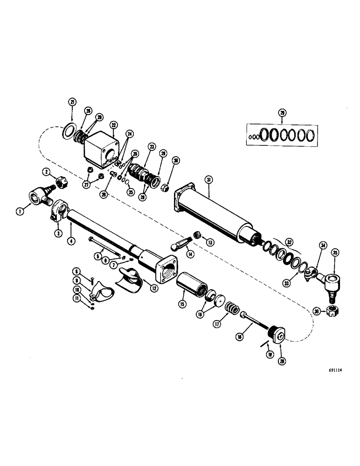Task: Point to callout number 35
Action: click(335, 254)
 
